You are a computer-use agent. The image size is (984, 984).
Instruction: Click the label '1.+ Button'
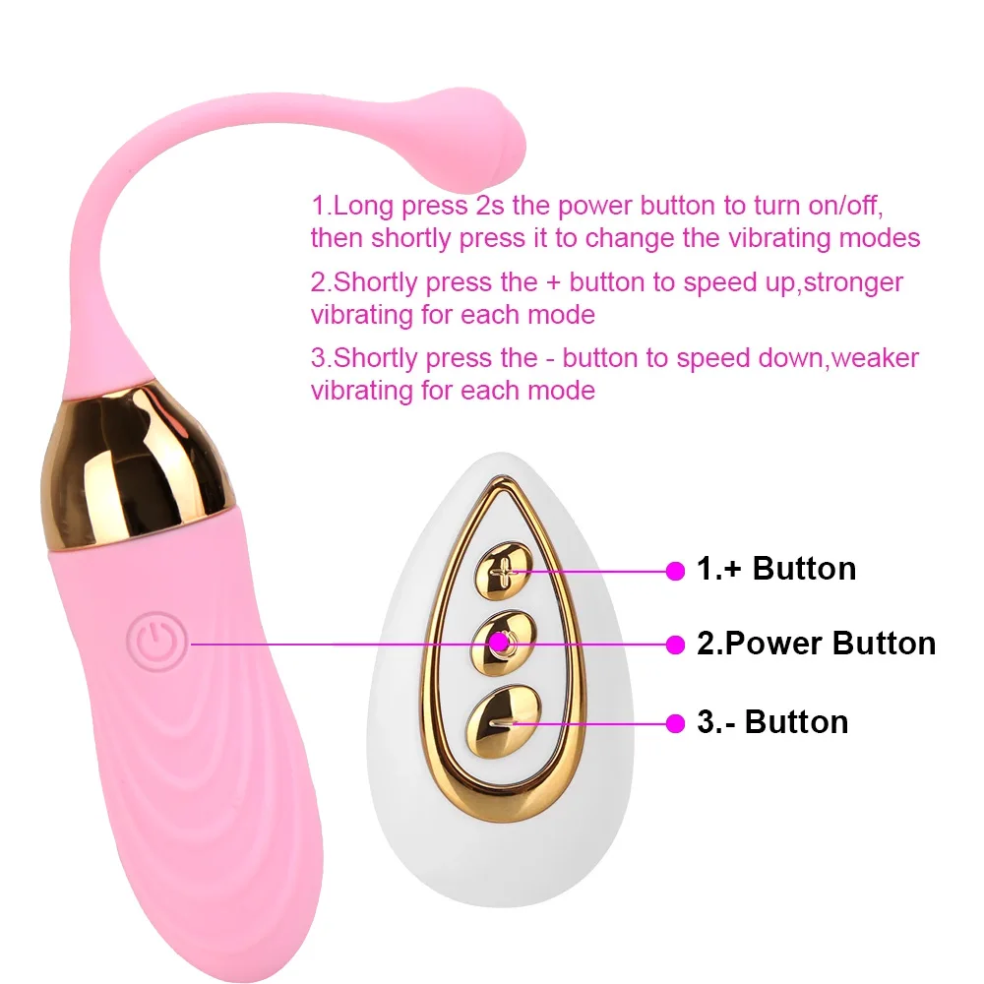775,569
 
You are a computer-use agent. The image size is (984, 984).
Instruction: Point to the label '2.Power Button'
816,644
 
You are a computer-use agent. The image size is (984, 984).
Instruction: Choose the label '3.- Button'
771,721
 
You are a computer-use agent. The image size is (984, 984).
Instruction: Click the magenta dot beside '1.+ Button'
675,570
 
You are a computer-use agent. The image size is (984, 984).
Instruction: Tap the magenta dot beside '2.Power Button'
675,644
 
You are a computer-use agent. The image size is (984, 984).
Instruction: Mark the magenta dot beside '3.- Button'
675,722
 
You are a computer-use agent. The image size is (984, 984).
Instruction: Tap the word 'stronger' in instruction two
847,282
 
